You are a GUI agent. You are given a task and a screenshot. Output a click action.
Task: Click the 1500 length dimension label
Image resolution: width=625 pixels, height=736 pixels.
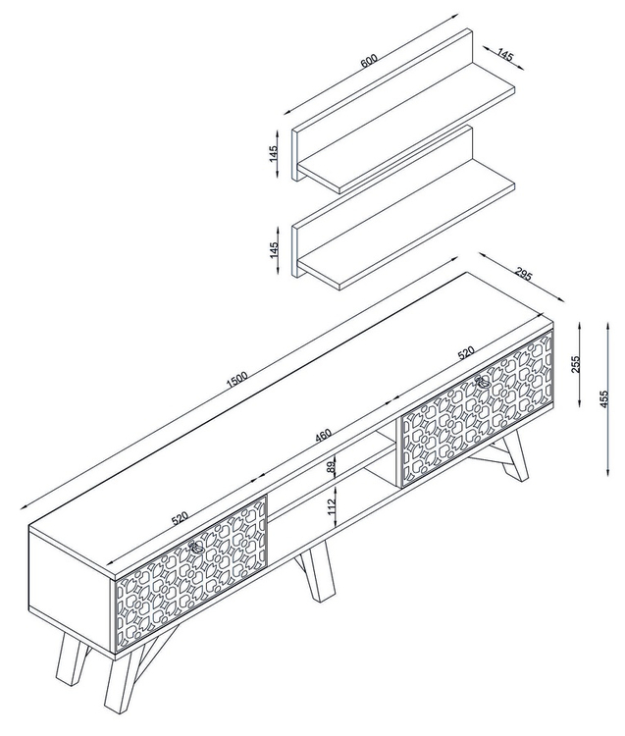point(236,380)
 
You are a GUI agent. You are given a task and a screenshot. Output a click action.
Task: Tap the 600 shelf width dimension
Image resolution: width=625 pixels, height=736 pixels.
point(369,61)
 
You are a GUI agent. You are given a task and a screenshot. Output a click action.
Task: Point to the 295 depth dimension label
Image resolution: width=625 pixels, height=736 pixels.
point(523,274)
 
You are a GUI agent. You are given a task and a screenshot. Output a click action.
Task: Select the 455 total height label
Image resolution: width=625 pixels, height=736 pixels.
point(603,399)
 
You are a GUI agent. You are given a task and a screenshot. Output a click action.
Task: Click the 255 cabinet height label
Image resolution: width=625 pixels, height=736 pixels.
point(577,364)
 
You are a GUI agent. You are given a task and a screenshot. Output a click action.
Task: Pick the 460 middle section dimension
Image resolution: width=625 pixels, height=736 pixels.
point(323,436)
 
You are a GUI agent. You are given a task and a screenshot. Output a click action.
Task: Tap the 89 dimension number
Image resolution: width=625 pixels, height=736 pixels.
point(332,466)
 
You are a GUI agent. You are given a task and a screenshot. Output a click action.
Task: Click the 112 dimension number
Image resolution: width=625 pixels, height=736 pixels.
point(333,507)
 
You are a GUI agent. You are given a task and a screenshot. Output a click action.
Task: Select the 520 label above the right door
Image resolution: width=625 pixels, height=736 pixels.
point(466,352)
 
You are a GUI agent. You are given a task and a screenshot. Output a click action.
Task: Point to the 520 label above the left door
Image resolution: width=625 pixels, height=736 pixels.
point(180,518)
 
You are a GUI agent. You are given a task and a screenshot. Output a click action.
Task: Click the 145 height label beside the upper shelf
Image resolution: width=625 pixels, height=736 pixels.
point(274,154)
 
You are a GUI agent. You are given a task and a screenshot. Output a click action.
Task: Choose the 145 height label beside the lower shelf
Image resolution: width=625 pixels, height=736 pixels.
point(274,250)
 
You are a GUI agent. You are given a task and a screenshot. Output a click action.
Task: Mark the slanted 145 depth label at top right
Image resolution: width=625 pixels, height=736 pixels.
point(504,55)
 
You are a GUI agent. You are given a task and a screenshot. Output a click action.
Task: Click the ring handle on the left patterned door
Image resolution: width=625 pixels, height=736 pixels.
point(196,548)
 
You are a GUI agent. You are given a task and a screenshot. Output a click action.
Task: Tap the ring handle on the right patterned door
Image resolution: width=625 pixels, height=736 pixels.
point(483,383)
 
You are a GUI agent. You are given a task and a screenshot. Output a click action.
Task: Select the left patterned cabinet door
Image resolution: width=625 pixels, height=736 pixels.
point(191,573)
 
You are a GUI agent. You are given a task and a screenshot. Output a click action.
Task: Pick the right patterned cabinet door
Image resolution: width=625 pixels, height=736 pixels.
point(476,408)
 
